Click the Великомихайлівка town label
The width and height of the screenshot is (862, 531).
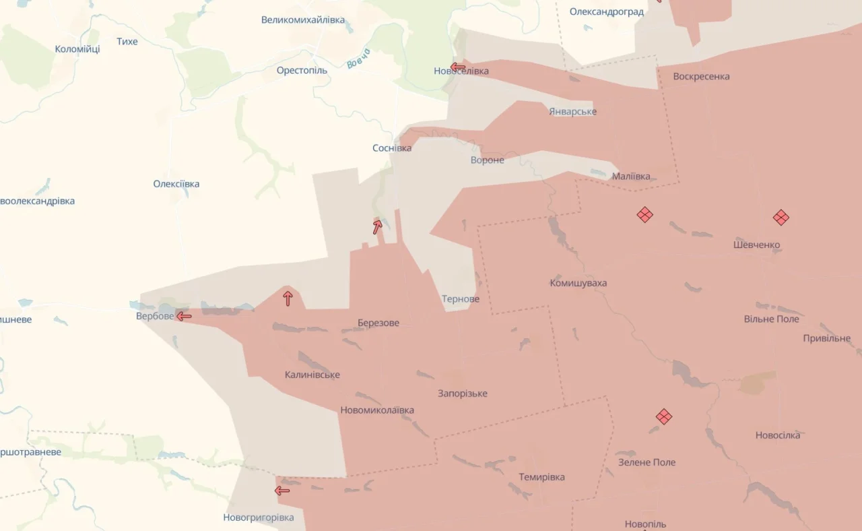(303, 20)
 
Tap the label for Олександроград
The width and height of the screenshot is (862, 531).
(606, 11)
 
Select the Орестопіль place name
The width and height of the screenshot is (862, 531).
(302, 70)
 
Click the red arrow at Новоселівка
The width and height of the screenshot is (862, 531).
(458, 67)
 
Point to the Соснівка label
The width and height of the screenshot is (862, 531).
(392, 148)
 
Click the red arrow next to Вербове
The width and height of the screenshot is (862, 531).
(184, 315)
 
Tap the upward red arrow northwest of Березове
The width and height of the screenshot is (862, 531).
(288, 298)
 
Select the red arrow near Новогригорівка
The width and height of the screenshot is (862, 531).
(282, 491)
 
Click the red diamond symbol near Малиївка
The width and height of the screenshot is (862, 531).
(644, 215)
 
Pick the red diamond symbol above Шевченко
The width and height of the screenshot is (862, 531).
(781, 217)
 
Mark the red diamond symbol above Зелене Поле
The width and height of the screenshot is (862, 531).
(664, 416)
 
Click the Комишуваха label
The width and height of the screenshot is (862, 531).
(578, 283)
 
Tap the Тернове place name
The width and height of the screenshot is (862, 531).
(461, 299)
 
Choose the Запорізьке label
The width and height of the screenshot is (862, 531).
(463, 394)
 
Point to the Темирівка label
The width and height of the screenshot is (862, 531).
(541, 477)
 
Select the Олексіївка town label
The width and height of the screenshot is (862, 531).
(176, 184)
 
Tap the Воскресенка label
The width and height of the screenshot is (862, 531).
(701, 76)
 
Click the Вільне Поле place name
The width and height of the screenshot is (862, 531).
(771, 319)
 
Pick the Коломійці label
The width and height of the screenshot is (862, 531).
(77, 49)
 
